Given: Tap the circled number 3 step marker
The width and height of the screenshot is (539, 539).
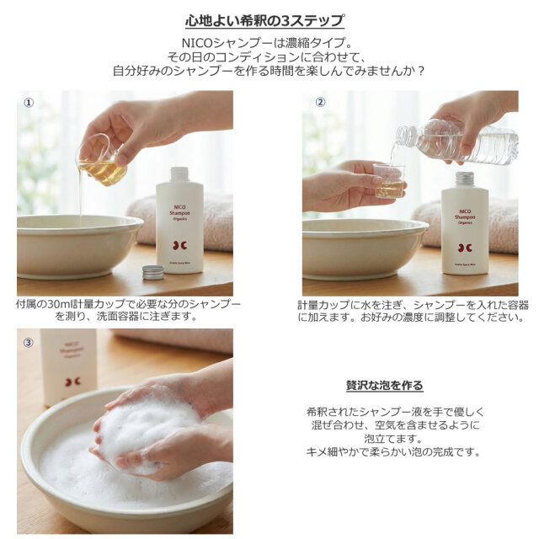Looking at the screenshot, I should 28,342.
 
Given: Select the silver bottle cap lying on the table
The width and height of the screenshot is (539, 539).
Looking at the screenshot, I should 152,271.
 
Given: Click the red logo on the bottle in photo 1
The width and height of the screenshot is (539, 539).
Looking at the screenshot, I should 179,244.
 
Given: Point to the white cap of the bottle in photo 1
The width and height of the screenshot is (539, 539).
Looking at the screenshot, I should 179,173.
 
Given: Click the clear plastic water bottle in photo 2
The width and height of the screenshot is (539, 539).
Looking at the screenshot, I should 459,141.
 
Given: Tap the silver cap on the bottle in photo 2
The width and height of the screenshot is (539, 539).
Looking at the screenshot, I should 464,178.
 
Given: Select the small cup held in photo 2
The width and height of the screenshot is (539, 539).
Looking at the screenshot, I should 388,181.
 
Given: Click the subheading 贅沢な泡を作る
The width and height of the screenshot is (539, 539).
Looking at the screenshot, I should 384,385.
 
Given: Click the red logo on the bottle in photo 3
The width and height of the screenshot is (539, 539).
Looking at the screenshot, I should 72,381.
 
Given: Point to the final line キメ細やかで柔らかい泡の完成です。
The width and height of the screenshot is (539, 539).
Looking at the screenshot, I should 393,451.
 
